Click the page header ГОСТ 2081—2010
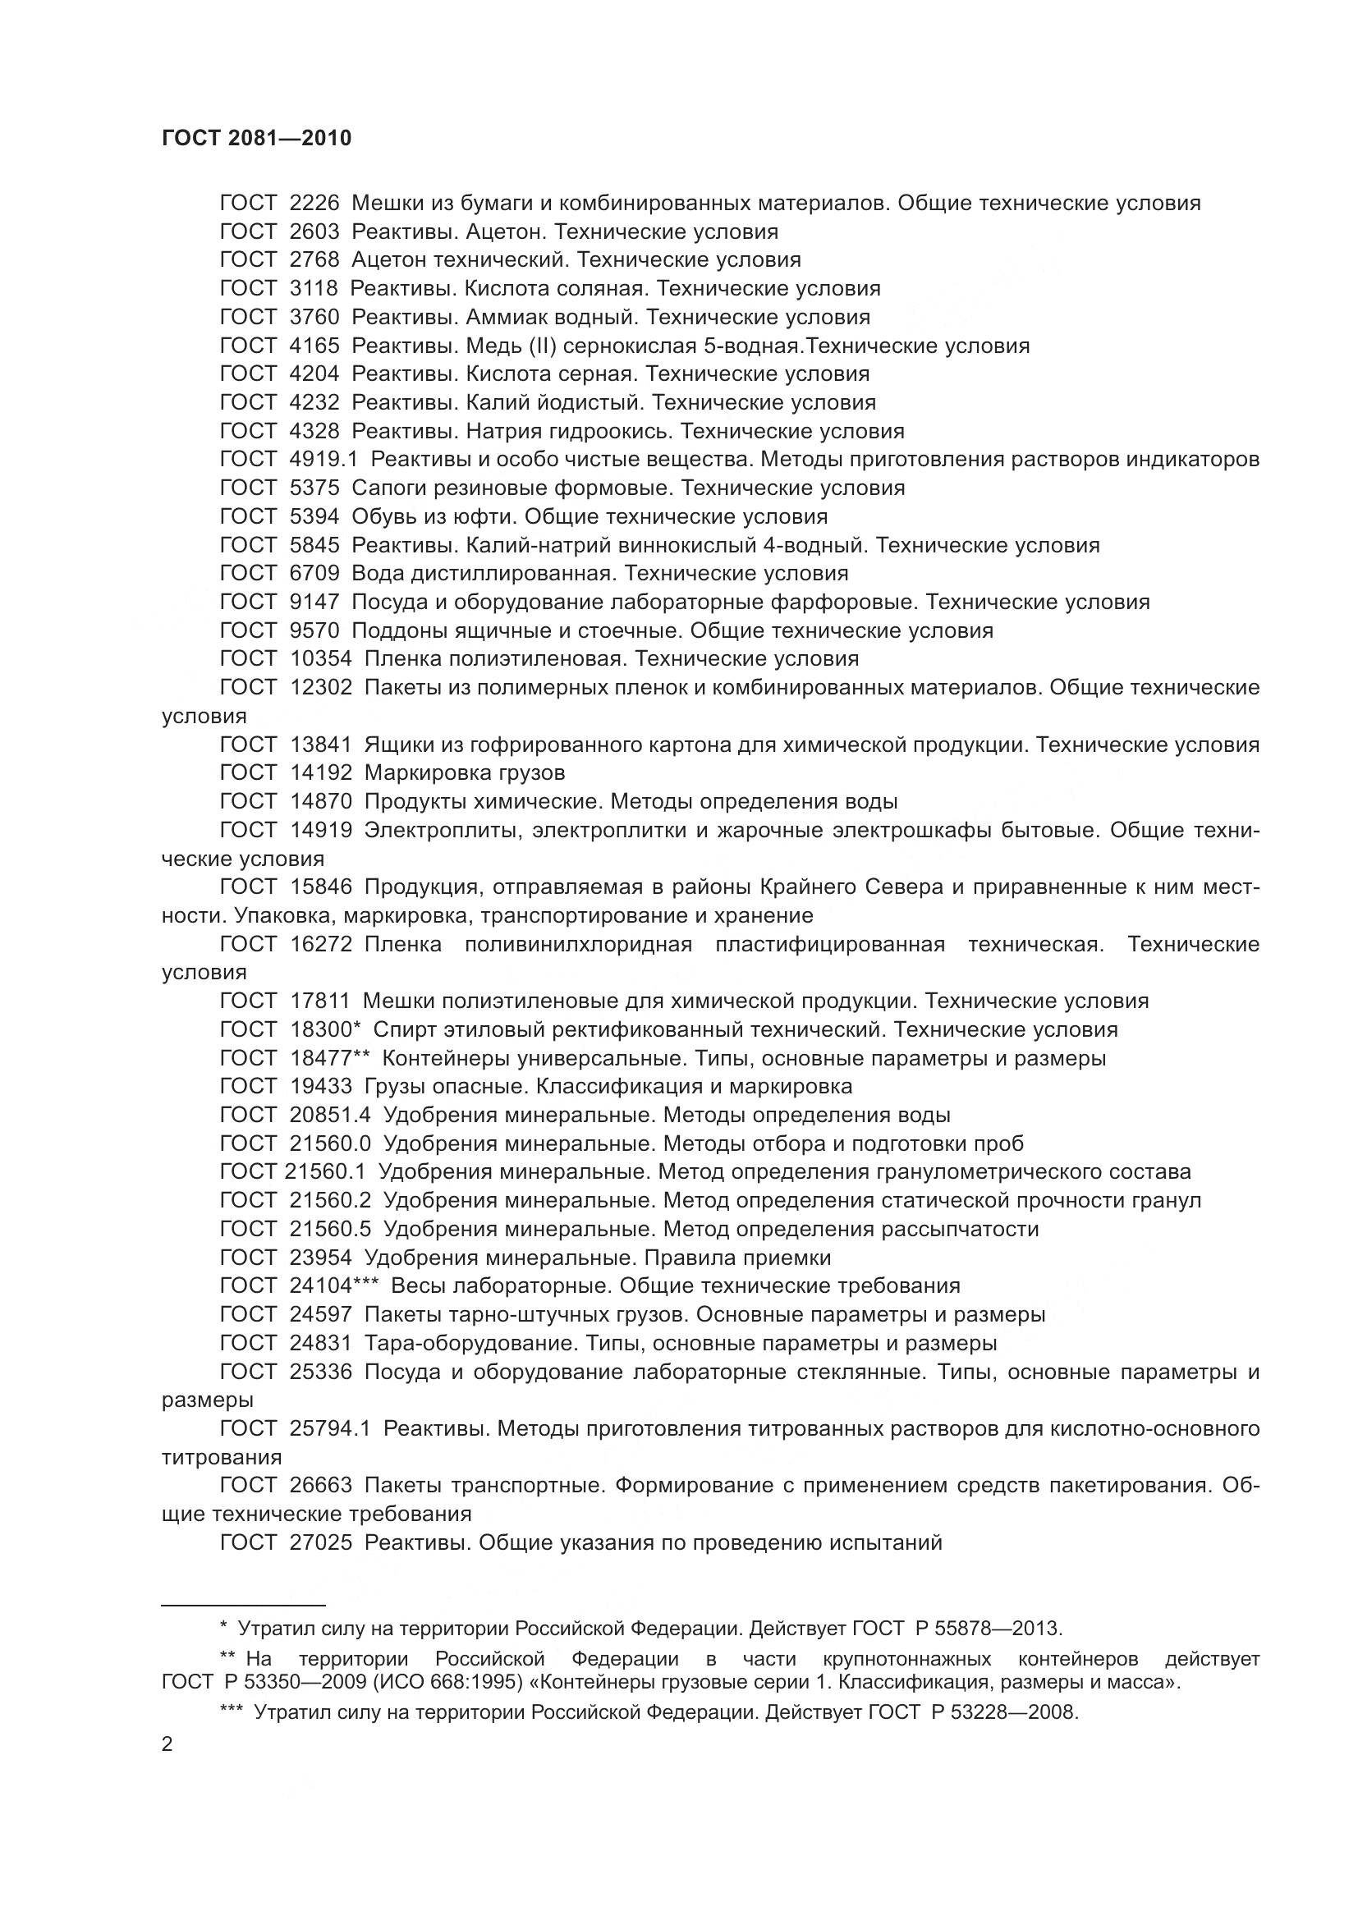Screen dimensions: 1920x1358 [257, 139]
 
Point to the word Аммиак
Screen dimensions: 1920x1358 [509, 317]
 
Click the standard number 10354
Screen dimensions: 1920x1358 [321, 659]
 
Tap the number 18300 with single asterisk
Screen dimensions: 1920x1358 [324, 1029]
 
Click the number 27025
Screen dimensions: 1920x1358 [321, 1543]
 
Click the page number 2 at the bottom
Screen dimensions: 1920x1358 [167, 1745]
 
